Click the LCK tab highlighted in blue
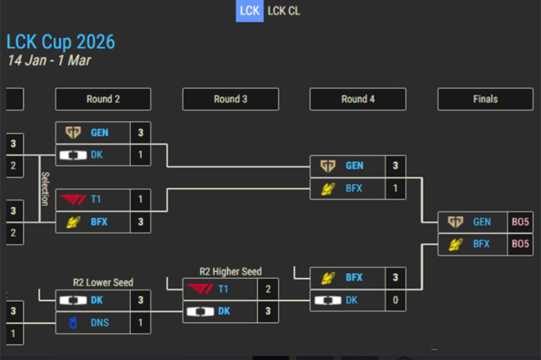pyautogui.click(x=249, y=11)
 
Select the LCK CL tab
pyautogui.click(x=283, y=11)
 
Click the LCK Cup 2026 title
pyautogui.click(x=61, y=42)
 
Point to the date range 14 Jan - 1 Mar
pyautogui.click(x=49, y=60)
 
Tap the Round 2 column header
pyautogui.click(x=103, y=99)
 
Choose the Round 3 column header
pyautogui.click(x=230, y=99)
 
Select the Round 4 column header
pyautogui.click(x=358, y=99)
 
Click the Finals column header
pyautogui.click(x=485, y=99)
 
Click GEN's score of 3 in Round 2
pyautogui.click(x=140, y=133)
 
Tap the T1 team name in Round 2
pyautogui.click(x=96, y=199)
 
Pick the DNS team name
pyautogui.click(x=100, y=323)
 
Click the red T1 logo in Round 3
pyautogui.click(x=199, y=289)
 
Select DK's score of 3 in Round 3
pyautogui.click(x=268, y=312)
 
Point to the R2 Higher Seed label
pyautogui.click(x=230, y=272)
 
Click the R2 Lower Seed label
pyautogui.click(x=103, y=282)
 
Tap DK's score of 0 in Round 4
pyautogui.click(x=395, y=300)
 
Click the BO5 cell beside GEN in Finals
pyautogui.click(x=520, y=222)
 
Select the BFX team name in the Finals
pyautogui.click(x=481, y=244)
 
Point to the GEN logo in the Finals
pyautogui.click(x=455, y=222)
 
